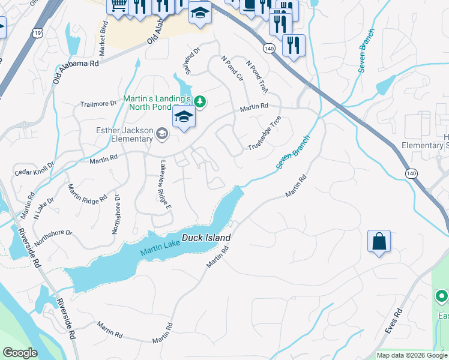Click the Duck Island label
point(206,238)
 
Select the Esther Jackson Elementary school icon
point(161,133)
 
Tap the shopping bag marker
point(379,241)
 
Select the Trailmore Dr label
point(98,104)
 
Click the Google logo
point(20,353)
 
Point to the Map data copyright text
point(412,355)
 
